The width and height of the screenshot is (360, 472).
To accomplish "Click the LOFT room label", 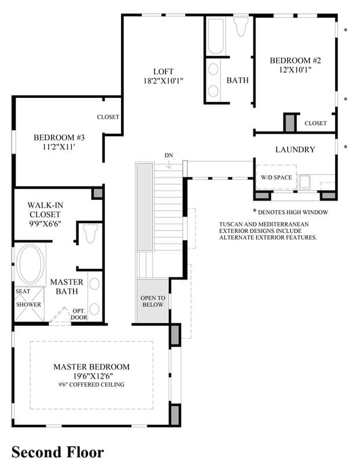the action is pos(163,72).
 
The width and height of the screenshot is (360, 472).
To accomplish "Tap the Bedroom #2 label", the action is pos(295,60).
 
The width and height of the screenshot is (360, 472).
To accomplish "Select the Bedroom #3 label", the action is pos(59,138).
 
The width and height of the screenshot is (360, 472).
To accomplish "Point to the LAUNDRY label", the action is pos(295,149).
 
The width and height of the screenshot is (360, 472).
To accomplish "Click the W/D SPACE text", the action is pos(277,177).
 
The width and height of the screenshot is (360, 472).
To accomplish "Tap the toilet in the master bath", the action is pos(90,233).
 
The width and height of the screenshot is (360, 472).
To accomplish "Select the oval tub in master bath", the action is pos(30,264).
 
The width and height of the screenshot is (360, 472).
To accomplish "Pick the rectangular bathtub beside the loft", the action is pos(215,36).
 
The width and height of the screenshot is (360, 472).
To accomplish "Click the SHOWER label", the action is pos(28,304).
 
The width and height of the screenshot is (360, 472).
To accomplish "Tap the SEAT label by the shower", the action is pos(23,291).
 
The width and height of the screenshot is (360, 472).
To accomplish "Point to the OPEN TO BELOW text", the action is pos(153,301).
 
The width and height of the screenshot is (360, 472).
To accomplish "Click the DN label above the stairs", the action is pos(169,155).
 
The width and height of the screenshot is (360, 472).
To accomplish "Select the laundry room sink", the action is pos(304,182).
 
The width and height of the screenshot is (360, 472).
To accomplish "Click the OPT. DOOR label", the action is pos(79,314).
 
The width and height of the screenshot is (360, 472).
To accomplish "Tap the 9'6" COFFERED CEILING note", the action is pos(91,385).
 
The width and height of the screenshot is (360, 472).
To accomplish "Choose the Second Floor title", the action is pos(58,452).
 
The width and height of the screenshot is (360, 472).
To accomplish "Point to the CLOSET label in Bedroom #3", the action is pos(108,117).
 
